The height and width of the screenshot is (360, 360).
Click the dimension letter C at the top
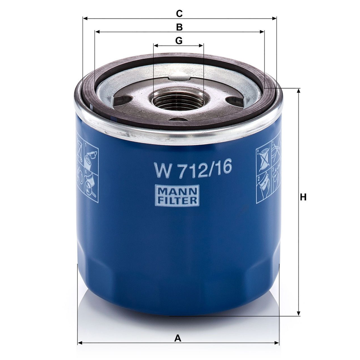click(179, 14)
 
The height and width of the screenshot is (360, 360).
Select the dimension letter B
click(179, 27)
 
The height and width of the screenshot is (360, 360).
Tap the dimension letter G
click(179, 41)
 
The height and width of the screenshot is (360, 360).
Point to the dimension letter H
click(303, 197)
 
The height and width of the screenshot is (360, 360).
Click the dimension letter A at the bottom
click(177, 338)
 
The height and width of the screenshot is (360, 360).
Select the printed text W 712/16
click(193, 168)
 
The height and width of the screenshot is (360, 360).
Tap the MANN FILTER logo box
click(177, 195)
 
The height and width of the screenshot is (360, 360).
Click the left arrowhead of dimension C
click(85, 18)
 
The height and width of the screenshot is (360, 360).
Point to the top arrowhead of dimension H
click(298, 91)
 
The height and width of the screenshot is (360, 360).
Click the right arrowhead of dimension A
click(277, 343)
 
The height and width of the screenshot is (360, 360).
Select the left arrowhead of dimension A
click(80, 343)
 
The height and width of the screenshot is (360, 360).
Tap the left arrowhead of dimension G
click(156, 45)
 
